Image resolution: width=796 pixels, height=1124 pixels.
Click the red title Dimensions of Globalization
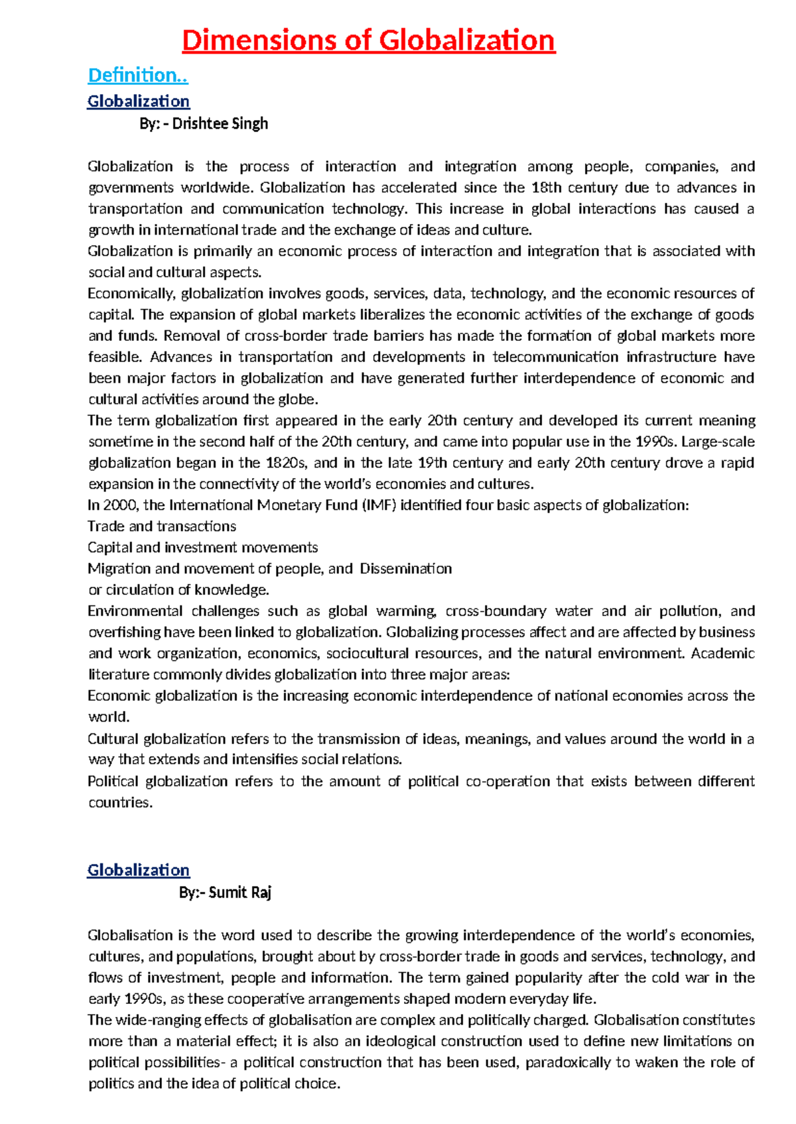368,40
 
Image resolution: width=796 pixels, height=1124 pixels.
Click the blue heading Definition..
138,76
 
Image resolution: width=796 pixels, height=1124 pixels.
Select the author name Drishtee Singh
220,124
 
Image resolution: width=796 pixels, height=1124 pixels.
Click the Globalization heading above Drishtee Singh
138,101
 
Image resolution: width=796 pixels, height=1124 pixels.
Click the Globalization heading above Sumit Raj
138,870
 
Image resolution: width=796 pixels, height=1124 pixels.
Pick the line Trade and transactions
162,527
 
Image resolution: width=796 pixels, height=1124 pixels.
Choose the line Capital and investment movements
202,548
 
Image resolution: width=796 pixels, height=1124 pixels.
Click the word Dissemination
406,569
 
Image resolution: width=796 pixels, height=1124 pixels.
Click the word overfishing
124,633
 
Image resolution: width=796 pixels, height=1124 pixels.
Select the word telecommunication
555,357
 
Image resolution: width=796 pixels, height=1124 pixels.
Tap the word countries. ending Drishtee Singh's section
120,803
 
